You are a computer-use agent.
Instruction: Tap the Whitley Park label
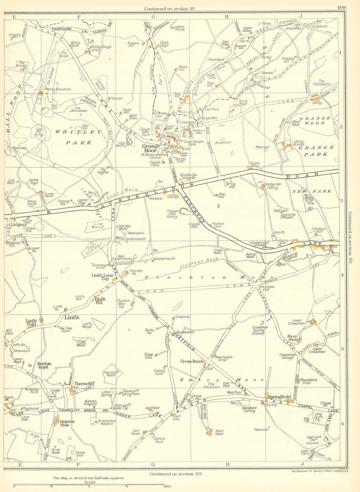[79, 137]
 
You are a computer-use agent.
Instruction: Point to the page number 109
[342, 8]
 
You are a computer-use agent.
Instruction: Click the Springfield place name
[279, 397]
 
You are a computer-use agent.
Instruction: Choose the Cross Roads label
[192, 361]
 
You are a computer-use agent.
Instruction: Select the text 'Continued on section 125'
[176, 474]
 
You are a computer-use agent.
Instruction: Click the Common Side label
[66, 423]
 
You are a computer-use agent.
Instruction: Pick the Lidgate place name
[18, 224]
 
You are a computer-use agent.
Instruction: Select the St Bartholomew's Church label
[156, 156]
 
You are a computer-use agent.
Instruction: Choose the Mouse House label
[292, 338]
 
